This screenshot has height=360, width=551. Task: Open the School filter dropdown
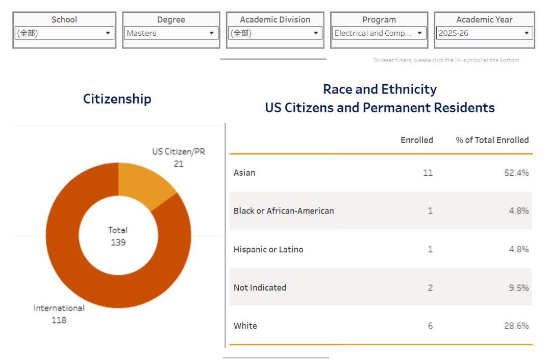tap(64, 33)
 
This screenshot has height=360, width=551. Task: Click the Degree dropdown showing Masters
tap(171, 33)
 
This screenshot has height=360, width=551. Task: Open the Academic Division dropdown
tap(275, 33)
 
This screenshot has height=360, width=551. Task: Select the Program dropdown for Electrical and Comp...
tap(379, 33)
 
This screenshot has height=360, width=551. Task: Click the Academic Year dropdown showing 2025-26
tap(484, 33)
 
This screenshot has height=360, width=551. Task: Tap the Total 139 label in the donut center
tap(118, 236)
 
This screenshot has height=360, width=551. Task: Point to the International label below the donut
tap(59, 308)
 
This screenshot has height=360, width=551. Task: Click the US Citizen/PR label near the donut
tap(179, 152)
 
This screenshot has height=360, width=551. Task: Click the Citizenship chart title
tap(117, 99)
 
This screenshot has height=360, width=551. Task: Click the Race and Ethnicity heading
tap(380, 89)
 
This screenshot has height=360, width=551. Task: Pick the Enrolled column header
tap(416, 140)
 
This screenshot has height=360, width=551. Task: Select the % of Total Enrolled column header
tap(492, 140)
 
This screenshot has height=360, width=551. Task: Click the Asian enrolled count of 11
tap(428, 173)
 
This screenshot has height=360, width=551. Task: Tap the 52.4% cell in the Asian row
tap(516, 173)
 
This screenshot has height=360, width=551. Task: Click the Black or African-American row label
tap(284, 211)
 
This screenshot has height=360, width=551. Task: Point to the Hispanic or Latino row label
tap(268, 249)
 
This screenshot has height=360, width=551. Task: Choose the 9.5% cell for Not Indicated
tap(519, 287)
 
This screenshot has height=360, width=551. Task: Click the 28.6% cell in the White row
tap(516, 326)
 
